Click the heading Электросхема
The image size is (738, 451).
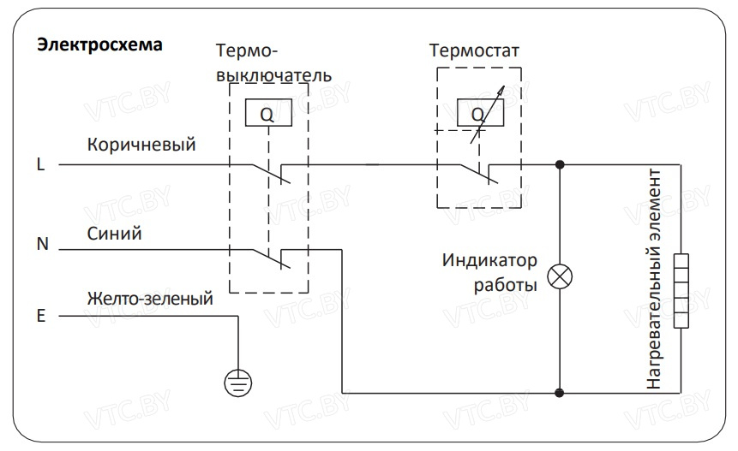(x=99, y=45)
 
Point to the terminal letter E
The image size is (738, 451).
(x=40, y=316)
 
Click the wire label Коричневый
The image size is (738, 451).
(x=141, y=145)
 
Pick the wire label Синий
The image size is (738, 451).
(x=114, y=232)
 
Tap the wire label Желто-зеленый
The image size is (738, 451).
(x=150, y=300)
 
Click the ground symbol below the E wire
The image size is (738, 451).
(x=237, y=381)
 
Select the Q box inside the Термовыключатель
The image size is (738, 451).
(x=267, y=114)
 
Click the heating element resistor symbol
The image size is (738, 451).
(x=681, y=291)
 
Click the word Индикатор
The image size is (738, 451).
(x=489, y=259)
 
